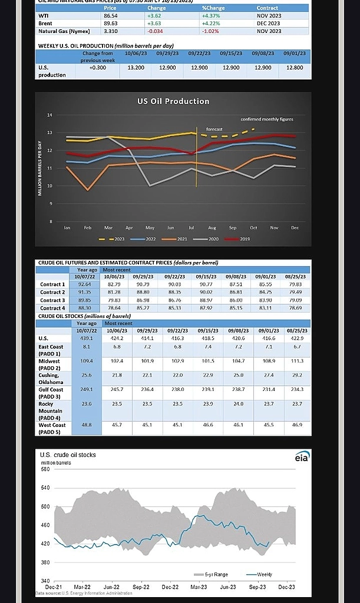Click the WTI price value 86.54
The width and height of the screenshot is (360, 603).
pos(110,16)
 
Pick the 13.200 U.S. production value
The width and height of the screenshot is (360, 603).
pos(136,68)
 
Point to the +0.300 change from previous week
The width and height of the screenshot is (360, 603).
pos(98,68)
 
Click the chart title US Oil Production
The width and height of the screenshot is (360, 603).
pos(173,101)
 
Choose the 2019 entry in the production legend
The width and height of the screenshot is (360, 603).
pos(239,239)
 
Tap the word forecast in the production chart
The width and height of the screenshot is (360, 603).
pos(214,129)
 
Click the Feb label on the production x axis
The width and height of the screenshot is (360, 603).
pos(87,227)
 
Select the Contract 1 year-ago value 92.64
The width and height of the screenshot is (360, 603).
pos(86,284)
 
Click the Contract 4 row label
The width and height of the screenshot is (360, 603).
pos(52,308)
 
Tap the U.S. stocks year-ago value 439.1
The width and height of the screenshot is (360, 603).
pos(87,339)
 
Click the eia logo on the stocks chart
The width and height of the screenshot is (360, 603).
pos(302,457)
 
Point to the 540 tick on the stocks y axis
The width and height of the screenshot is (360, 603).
pos(45,488)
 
